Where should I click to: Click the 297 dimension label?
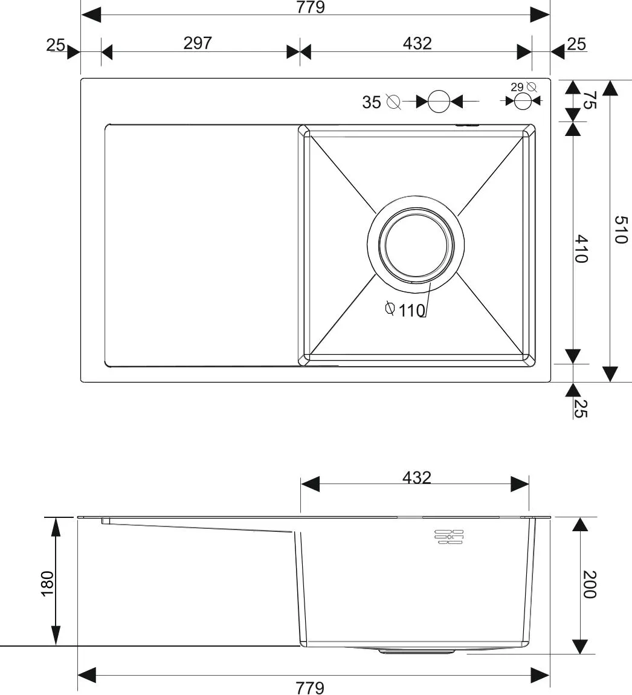coord(198,43)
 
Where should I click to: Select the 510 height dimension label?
coord(621,229)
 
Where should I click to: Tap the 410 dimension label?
coord(581,248)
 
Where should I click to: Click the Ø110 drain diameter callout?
coord(405,310)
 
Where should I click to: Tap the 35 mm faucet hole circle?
coord(439,102)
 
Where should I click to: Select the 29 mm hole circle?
coord(523,102)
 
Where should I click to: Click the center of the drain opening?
coord(416,245)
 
